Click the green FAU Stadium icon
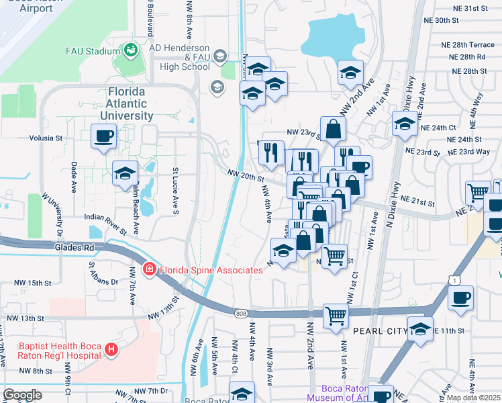click(x=130, y=50)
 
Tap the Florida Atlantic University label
click(x=127, y=103)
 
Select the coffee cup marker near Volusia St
click(x=104, y=137)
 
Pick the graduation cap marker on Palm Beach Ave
click(x=125, y=175)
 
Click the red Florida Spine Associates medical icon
click(x=149, y=270)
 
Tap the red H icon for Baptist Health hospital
click(x=111, y=350)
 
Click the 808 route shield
click(x=241, y=313)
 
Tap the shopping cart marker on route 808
click(x=336, y=316)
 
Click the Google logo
click(x=22, y=395)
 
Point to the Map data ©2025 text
click(x=473, y=398)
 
